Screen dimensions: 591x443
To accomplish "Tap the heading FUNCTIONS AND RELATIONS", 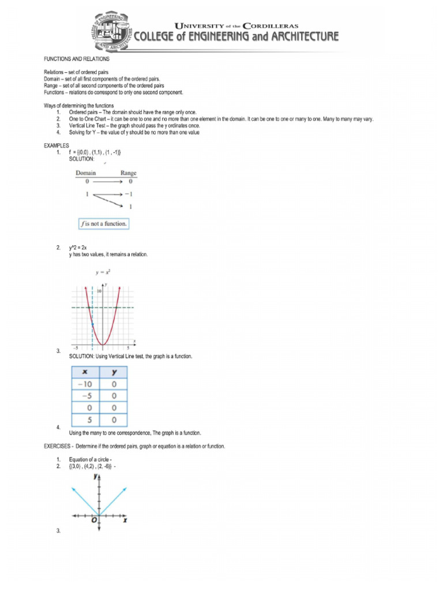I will click(x=77, y=59).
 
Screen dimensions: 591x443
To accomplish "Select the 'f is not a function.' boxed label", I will click(x=104, y=223).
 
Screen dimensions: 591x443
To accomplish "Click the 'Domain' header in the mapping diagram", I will click(x=86, y=173).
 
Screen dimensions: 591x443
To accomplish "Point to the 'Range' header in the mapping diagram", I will click(x=128, y=173).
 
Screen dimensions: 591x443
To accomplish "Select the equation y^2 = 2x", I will click(x=78, y=248).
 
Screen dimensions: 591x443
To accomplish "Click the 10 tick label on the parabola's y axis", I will click(x=99, y=293).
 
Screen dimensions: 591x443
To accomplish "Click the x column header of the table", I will click(x=85, y=373).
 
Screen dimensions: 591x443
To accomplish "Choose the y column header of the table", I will click(x=114, y=373).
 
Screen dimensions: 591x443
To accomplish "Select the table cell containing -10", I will click(x=85, y=384).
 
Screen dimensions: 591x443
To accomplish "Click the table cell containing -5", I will click(x=85, y=396).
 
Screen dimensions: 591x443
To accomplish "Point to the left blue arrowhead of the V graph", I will click(x=73, y=488).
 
